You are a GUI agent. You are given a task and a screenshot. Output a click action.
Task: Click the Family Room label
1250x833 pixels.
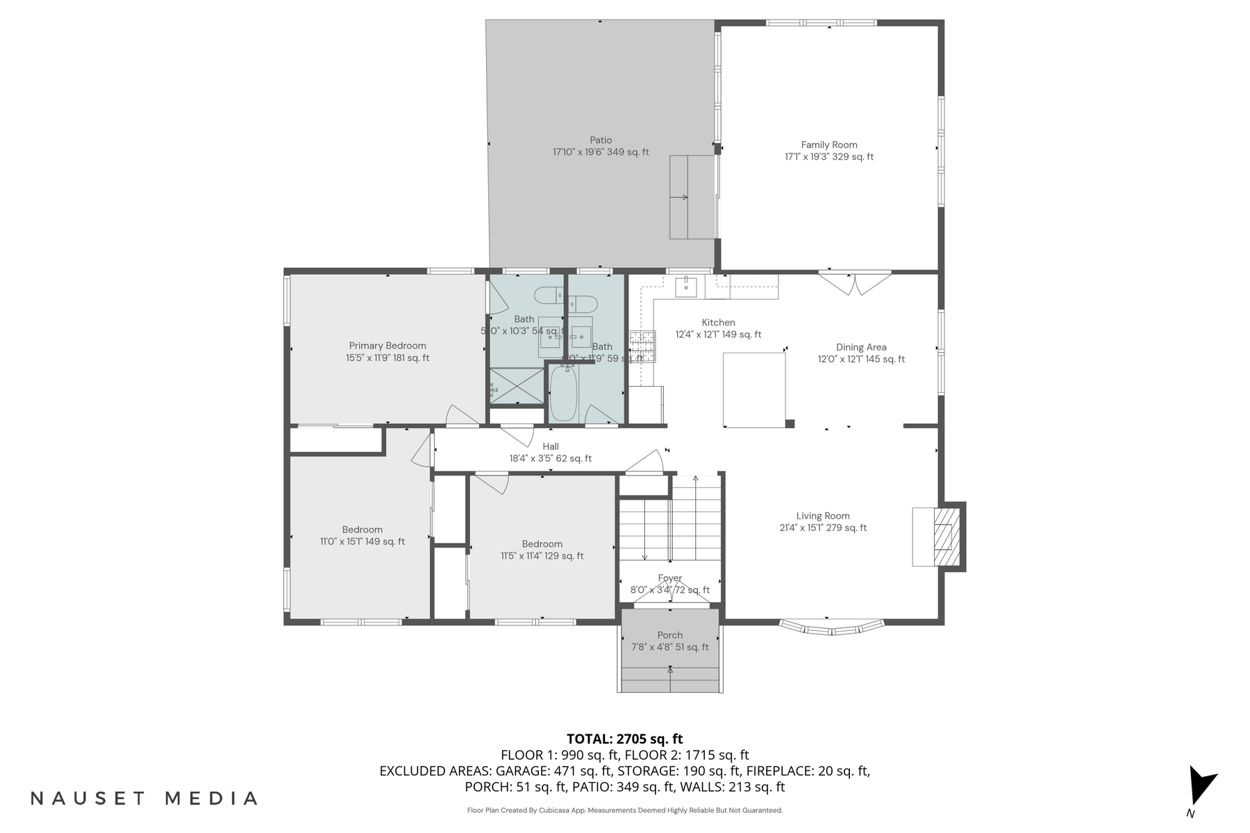tap(829, 145)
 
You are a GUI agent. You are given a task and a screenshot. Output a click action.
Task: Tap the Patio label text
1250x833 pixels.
tap(601, 140)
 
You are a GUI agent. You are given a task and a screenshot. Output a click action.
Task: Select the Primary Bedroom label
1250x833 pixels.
tap(387, 346)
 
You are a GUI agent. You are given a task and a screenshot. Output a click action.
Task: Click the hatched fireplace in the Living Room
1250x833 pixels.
tap(944, 537)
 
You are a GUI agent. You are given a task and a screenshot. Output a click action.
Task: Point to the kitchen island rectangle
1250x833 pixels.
tap(754, 389)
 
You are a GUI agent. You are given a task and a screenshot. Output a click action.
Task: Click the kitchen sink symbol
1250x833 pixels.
tap(686, 286)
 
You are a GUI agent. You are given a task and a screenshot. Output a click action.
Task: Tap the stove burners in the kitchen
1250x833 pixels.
tap(642, 346)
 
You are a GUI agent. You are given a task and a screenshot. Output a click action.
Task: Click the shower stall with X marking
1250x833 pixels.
tap(517, 386)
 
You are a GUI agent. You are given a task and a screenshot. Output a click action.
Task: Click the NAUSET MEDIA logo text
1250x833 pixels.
tap(144, 798)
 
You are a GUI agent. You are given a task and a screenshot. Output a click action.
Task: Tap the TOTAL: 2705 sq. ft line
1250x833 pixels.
tap(624, 739)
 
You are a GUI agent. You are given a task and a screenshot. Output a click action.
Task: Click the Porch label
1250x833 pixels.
tap(669, 635)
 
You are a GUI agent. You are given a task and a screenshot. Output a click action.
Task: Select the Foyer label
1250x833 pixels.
tap(669, 578)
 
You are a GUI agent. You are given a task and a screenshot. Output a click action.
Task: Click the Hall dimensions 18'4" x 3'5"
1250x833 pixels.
tap(551, 459)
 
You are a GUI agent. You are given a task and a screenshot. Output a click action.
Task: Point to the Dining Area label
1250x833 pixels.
tap(861, 347)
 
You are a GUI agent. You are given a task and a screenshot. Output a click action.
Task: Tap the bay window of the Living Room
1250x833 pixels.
tap(831, 627)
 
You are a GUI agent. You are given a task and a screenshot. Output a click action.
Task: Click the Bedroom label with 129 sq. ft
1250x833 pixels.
tap(542, 544)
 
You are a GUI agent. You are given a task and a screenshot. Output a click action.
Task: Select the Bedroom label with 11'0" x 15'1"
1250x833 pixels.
tap(362, 541)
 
